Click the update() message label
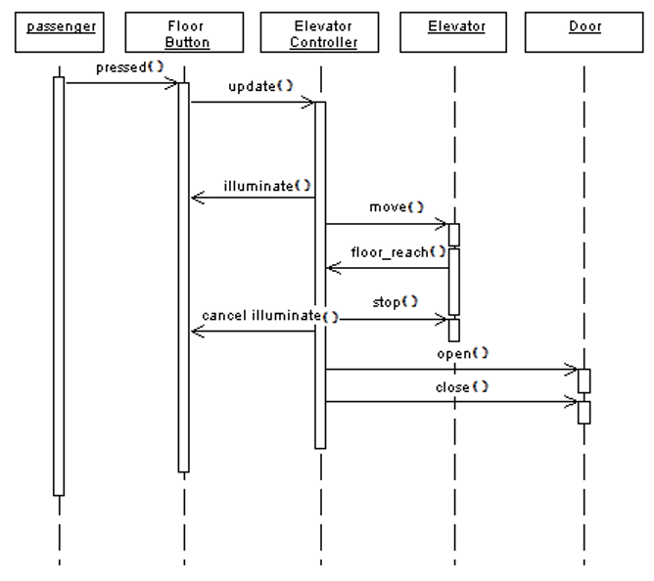[x=259, y=85]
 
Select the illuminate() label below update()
[x=267, y=184]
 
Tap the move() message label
[x=397, y=206]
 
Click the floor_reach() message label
[x=397, y=251]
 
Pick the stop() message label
[x=396, y=301]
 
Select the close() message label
[x=461, y=386]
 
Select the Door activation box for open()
[x=584, y=380]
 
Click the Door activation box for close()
[x=584, y=412]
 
